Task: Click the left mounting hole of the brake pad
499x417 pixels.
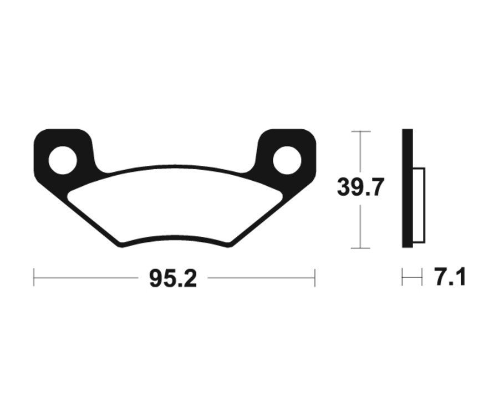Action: [62, 160]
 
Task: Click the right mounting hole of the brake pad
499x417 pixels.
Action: [287, 160]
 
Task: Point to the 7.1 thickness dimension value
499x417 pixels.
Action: [450, 277]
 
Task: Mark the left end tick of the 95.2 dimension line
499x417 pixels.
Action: [34, 277]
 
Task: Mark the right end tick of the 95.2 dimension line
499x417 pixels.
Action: [315, 277]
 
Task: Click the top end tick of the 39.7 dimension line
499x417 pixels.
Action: [360, 131]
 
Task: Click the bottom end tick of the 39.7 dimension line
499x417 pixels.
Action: [360, 248]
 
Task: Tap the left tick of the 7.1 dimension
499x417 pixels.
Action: [403, 277]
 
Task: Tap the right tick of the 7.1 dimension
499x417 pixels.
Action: [422, 277]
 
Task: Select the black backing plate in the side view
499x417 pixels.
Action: [407, 189]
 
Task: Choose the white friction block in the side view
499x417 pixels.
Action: [419, 205]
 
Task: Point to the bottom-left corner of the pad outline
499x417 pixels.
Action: [119, 245]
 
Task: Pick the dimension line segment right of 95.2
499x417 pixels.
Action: [261, 277]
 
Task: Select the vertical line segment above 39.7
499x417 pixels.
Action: [360, 152]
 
